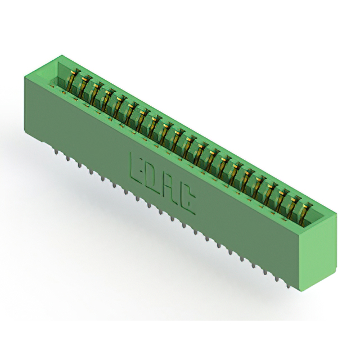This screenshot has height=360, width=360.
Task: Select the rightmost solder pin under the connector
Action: pyautogui.click(x=289, y=285)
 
